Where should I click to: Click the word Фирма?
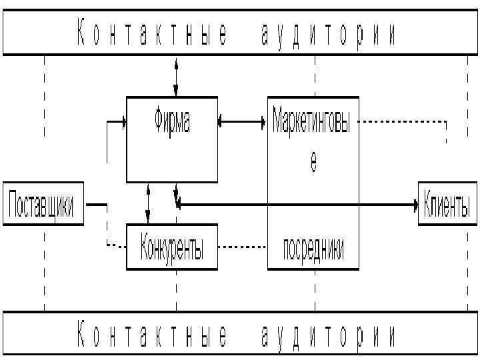click(x=172, y=123)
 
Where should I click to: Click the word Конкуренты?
click(x=172, y=248)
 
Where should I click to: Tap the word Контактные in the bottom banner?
click(x=152, y=335)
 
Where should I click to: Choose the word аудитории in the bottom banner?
click(x=328, y=335)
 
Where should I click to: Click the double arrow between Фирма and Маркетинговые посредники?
click(x=243, y=122)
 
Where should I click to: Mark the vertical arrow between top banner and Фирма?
click(x=177, y=77)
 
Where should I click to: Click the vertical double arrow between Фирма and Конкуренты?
click(x=148, y=203)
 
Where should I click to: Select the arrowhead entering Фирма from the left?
click(x=123, y=122)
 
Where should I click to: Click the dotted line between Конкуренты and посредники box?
click(x=243, y=247)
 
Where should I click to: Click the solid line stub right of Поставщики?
click(x=96, y=205)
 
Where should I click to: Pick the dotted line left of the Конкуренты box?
click(x=115, y=247)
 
